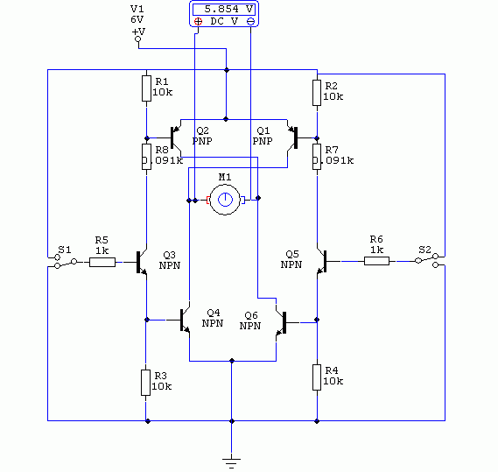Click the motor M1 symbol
(225, 200)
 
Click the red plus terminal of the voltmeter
(198, 22)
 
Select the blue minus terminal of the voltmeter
(250, 22)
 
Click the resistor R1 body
(146, 88)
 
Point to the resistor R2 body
(317, 93)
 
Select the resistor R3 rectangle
(146, 383)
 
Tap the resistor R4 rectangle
(317, 377)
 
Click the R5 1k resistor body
(102, 262)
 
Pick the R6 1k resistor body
(376, 261)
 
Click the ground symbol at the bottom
(232, 463)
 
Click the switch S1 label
(65, 250)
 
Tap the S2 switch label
(424, 250)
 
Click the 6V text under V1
(137, 19)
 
